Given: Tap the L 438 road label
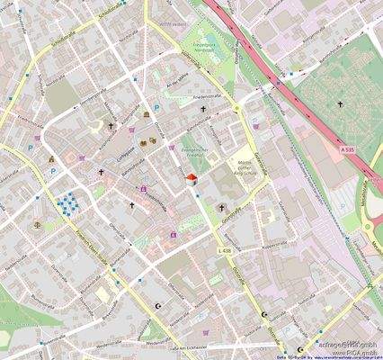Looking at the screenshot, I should tap(225, 249).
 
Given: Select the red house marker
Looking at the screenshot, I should tap(191, 180).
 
